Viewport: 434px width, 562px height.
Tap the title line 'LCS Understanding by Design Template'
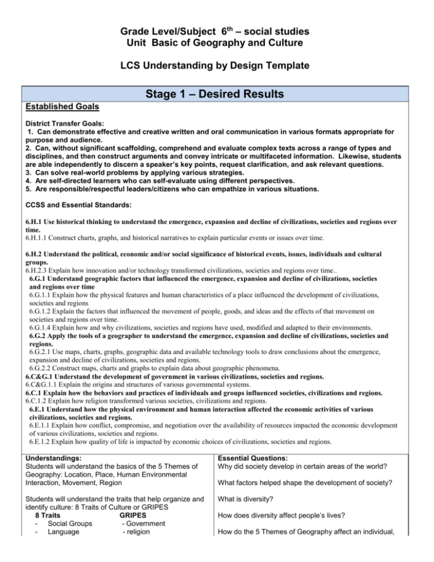pos(217,66)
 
